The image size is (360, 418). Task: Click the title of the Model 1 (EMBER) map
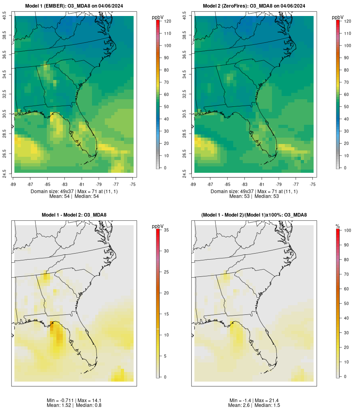(x=74, y=6)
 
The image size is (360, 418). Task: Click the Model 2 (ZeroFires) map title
(x=254, y=6)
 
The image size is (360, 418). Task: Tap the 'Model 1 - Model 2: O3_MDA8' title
(x=74, y=215)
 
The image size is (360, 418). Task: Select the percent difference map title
(x=254, y=215)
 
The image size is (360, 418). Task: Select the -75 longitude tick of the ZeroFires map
(x=313, y=184)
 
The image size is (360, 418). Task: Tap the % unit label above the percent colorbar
(x=338, y=226)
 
